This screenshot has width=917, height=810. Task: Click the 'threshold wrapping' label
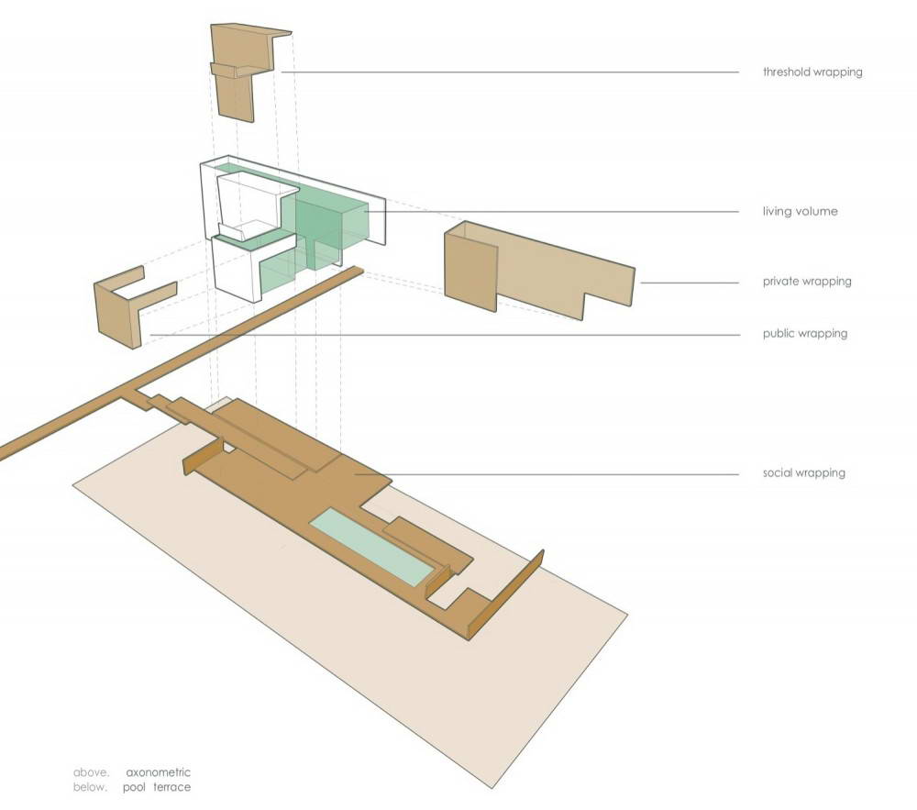(x=812, y=72)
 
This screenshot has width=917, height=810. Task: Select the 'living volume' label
(x=800, y=211)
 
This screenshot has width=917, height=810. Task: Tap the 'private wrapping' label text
(x=806, y=282)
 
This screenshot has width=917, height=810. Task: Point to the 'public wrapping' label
(x=805, y=333)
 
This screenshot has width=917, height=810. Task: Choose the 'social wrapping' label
(x=803, y=472)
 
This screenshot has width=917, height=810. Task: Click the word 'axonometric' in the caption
(x=158, y=772)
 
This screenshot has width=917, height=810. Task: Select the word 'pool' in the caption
(x=134, y=787)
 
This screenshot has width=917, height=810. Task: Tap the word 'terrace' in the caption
(x=172, y=787)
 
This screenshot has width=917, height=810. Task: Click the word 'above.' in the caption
(x=91, y=772)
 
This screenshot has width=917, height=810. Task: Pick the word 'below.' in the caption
(x=91, y=787)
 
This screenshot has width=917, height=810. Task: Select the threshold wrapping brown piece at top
(x=246, y=72)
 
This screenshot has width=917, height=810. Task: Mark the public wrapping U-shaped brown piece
(x=133, y=305)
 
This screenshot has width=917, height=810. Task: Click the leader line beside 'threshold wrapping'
(x=510, y=72)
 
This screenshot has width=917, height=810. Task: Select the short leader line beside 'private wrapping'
(x=690, y=283)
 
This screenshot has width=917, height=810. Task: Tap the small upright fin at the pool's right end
(x=437, y=582)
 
